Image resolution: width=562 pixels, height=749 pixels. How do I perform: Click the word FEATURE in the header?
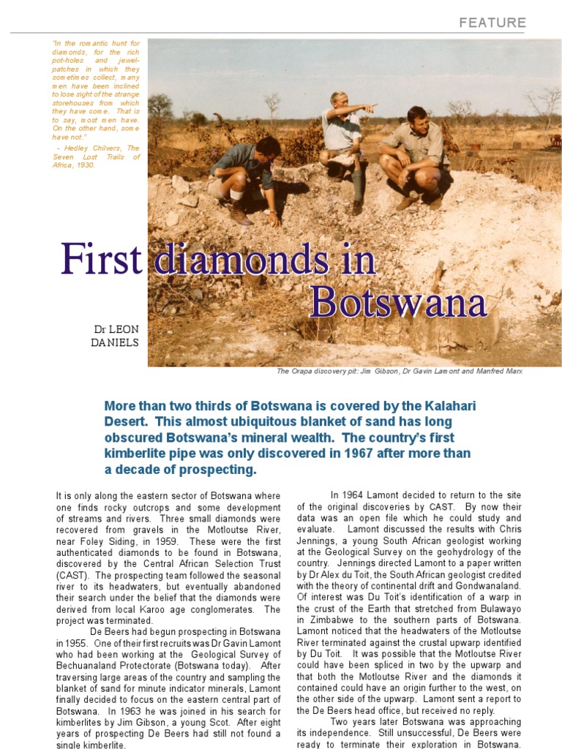tap(492, 23)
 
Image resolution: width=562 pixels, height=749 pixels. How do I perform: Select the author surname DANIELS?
tap(115, 342)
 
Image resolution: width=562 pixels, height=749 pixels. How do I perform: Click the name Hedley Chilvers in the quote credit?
tap(87, 147)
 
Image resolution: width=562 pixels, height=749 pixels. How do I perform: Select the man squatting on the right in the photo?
tap(415, 157)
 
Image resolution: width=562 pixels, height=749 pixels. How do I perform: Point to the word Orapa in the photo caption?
tap(301, 371)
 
